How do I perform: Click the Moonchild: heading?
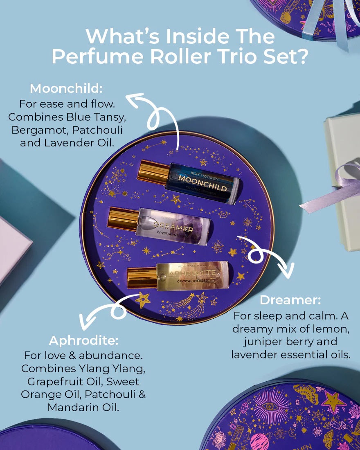coord(66,88)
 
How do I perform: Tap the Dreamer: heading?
coord(290,300)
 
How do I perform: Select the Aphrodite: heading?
coord(83,340)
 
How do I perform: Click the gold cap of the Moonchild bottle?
coord(152,173)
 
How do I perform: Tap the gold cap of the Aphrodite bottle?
coord(141,277)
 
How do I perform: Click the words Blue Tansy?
coord(96,117)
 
